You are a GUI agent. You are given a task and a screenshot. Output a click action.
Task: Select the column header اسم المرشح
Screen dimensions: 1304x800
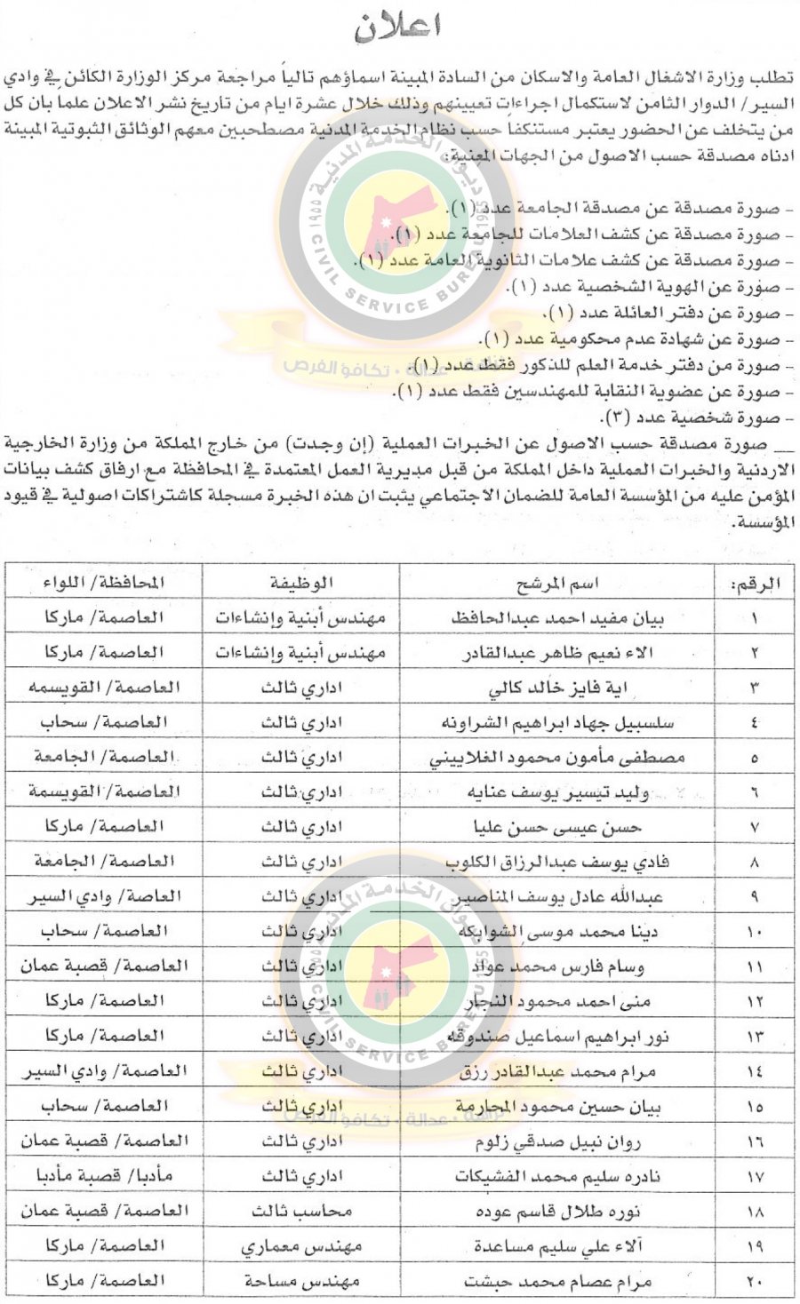[x=557, y=583]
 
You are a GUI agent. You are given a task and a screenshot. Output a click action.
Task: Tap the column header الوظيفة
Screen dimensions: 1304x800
[x=301, y=583]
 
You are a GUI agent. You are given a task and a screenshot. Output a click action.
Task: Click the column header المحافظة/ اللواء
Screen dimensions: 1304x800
[x=104, y=583]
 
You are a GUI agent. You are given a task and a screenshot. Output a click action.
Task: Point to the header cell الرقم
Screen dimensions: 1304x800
[x=755, y=584]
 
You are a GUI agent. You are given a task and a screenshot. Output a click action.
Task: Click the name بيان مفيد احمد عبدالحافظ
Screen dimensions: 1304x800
[x=557, y=617]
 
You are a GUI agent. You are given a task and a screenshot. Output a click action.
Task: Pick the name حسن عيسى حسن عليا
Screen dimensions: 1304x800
[x=557, y=827]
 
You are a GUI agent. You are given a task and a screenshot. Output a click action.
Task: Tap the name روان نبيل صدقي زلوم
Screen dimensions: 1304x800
[x=557, y=1141]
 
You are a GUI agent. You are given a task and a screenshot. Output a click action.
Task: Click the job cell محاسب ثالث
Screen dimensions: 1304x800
[x=301, y=1211]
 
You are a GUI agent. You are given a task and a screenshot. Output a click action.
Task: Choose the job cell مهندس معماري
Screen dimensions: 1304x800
[x=301, y=1246]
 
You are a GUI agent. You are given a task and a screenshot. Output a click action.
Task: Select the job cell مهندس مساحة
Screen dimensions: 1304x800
[x=301, y=1281]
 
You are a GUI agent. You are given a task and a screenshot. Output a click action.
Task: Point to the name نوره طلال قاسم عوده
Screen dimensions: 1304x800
[x=557, y=1211]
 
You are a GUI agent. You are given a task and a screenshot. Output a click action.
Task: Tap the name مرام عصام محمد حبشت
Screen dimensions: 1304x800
[x=557, y=1281]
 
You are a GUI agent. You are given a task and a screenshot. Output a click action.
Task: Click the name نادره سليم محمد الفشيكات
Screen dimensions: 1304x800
[x=557, y=1176]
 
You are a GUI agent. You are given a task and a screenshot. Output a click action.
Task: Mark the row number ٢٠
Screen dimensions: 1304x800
[x=755, y=1281]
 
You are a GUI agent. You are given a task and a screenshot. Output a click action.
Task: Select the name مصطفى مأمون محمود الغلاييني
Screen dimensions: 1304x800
[x=557, y=758]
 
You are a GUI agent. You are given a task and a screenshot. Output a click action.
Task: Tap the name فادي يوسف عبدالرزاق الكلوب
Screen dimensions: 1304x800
[x=557, y=862]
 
